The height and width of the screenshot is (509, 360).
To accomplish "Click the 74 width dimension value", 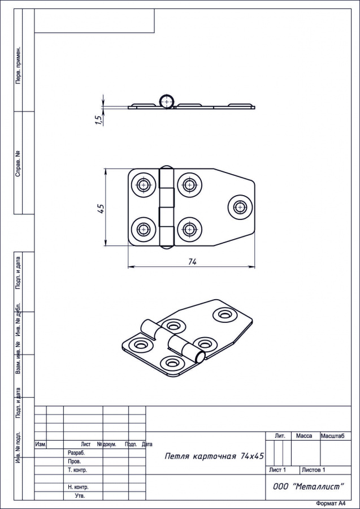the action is pyautogui.click(x=192, y=262).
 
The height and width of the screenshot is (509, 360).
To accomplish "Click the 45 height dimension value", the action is pyautogui.click(x=101, y=208).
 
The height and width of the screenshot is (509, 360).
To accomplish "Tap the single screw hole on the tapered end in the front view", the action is pyautogui.click(x=240, y=207).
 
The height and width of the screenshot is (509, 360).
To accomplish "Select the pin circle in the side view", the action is pyautogui.click(x=166, y=101).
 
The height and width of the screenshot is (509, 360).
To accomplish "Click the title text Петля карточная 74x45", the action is pyautogui.click(x=214, y=456).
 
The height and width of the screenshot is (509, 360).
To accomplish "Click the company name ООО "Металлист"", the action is pyautogui.click(x=308, y=486).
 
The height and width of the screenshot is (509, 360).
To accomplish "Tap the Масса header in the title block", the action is pyautogui.click(x=304, y=436).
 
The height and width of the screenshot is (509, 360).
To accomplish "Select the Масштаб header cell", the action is pyautogui.click(x=336, y=436).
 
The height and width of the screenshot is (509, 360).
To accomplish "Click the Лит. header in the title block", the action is pyautogui.click(x=280, y=436).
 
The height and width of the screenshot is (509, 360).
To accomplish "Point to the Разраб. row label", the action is pyautogui.click(x=76, y=452).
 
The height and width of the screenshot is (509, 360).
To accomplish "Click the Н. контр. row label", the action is pyautogui.click(x=78, y=488).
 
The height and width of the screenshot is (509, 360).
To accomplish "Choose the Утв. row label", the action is pyautogui.click(x=80, y=495).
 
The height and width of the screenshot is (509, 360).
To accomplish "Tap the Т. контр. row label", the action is pyautogui.click(x=77, y=470).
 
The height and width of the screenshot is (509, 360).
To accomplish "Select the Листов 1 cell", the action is pyautogui.click(x=313, y=470).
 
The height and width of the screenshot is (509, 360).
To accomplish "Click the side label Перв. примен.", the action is pyautogui.click(x=19, y=65).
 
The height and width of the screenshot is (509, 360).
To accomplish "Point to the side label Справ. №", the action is pyautogui.click(x=19, y=163).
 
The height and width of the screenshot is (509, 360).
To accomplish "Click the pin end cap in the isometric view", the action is pyautogui.click(x=200, y=357).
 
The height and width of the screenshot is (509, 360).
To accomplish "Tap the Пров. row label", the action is pyautogui.click(x=75, y=461).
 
